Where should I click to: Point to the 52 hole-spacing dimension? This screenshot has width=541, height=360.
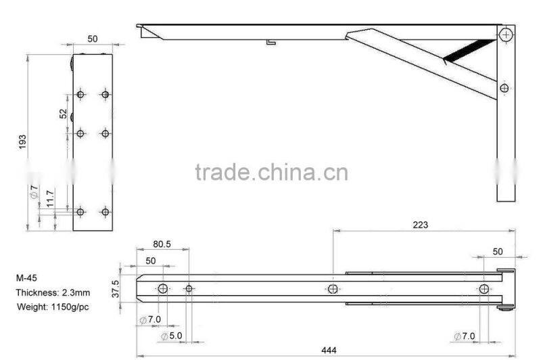coord(63,114)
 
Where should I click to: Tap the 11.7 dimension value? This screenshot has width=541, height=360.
coord(49,198)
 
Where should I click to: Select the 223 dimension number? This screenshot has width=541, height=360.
coord(420,225)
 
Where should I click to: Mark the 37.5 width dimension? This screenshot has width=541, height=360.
coord(116,288)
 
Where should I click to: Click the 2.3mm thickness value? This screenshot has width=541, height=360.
coord(76,292)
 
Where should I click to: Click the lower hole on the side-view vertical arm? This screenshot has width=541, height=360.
coord(504,88)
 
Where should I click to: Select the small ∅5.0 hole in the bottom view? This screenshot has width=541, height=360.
coord(189,289)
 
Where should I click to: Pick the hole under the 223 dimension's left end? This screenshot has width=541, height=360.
coord(333,289)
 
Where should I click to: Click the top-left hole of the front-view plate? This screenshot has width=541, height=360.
coord(80,94)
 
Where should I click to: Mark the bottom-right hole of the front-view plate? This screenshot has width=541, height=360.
coord(105,212)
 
